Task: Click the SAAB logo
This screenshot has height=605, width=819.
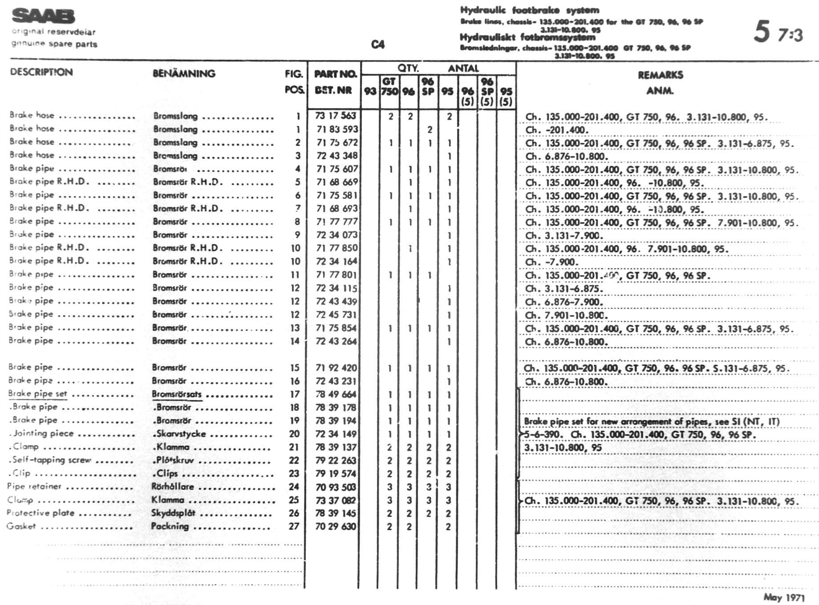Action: click(x=43, y=16)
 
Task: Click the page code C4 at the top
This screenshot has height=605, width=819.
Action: click(x=377, y=44)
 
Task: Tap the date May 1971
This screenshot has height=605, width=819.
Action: click(x=784, y=597)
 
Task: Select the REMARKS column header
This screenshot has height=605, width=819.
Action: click(x=660, y=75)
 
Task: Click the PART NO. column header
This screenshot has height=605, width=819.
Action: click(x=335, y=74)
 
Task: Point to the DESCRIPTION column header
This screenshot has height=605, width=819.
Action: click(x=41, y=72)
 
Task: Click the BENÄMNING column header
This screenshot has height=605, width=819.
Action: click(x=184, y=73)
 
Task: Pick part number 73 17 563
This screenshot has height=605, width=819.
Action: click(x=336, y=116)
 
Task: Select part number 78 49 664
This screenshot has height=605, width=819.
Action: click(x=336, y=394)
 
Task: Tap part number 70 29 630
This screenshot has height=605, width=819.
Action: click(x=336, y=526)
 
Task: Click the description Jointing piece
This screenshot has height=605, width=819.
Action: click(x=43, y=433)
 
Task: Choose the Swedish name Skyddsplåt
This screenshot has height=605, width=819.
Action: click(x=173, y=513)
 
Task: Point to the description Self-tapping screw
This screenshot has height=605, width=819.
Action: click(x=51, y=460)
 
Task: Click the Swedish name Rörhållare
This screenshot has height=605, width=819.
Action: click(x=173, y=487)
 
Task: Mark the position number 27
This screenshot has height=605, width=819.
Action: click(x=293, y=526)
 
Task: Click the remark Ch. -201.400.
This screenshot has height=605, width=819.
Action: click(x=557, y=130)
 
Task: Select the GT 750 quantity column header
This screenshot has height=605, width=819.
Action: click(x=389, y=86)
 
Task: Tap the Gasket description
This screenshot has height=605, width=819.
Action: click(x=21, y=526)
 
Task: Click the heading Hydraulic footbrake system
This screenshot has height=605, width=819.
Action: click(x=529, y=10)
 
